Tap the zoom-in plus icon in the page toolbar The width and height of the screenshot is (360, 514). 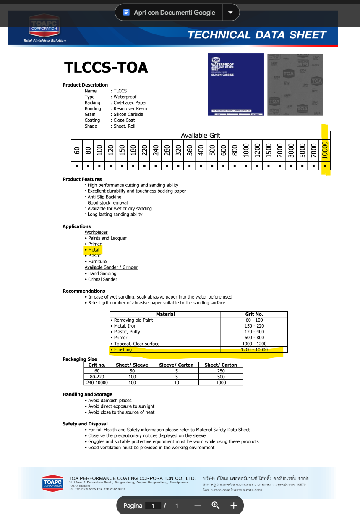(234, 505)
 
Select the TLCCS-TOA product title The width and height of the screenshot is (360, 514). (106, 67)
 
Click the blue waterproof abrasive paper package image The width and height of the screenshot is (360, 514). (236, 84)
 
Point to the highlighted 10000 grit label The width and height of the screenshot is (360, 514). (325, 150)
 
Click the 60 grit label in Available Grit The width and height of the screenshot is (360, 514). (77, 150)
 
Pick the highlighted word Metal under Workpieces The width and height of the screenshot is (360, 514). (94, 250)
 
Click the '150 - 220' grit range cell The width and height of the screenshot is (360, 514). (254, 326)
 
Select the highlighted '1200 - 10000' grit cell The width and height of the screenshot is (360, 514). (254, 349)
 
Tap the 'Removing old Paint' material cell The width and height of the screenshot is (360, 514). (133, 320)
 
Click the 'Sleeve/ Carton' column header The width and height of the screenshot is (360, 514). (176, 365)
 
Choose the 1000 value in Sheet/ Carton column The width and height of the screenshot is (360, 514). (221, 383)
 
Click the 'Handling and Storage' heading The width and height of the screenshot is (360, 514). (87, 394)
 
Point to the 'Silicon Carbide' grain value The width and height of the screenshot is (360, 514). (128, 114)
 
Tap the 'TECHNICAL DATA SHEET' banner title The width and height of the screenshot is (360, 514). (257, 35)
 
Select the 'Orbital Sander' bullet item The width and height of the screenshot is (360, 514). (102, 279)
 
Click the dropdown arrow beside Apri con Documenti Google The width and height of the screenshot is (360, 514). (230, 13)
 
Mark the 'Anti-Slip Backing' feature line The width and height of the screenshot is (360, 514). (104, 197)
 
